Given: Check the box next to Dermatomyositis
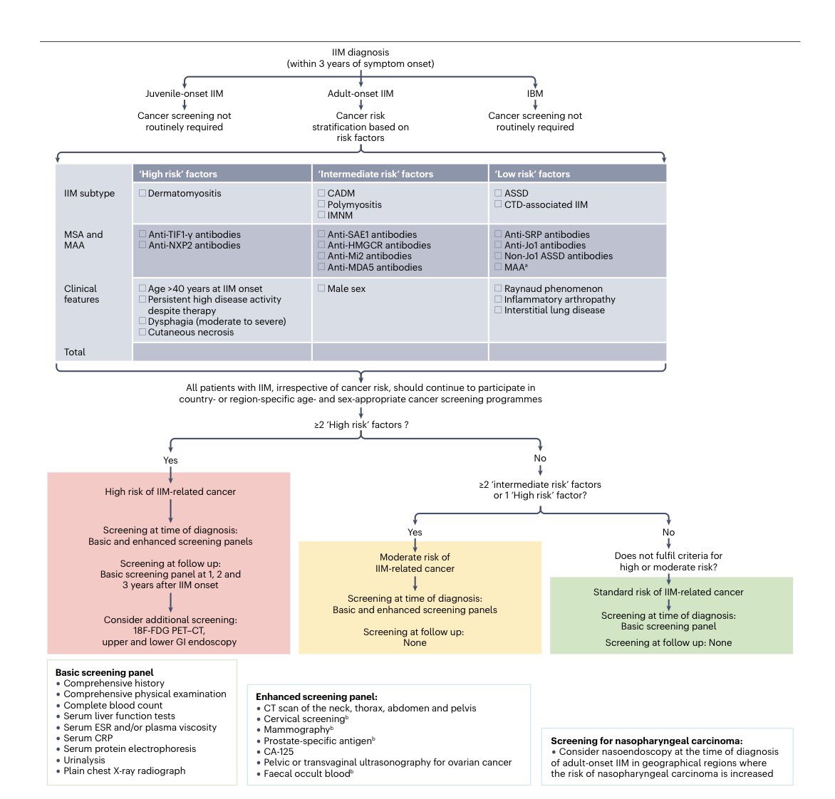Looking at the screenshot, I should click(142, 193).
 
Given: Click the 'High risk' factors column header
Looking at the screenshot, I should click(178, 174).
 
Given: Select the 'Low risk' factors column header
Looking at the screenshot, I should click(532, 174).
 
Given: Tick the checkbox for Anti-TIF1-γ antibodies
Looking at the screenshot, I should click(142, 234).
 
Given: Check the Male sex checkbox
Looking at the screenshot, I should click(321, 288).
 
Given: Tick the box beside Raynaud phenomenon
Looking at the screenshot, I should click(498, 288).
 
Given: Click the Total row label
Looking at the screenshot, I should click(75, 352).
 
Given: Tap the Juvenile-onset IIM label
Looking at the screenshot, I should click(184, 93).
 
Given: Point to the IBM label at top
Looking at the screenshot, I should click(534, 93).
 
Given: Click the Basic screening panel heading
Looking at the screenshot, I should click(104, 672).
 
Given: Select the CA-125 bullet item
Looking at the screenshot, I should click(279, 751).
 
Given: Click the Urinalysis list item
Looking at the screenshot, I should click(84, 760).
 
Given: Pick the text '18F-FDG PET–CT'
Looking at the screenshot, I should click(169, 630).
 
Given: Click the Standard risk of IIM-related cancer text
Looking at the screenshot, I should click(668, 592).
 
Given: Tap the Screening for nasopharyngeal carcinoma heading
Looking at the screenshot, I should click(646, 741).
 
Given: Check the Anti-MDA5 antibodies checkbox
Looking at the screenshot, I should click(321, 267).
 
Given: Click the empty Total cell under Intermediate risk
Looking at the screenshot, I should click(400, 352).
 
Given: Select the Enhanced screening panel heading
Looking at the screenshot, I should click(316, 696).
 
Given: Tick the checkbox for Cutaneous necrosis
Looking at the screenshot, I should click(142, 332).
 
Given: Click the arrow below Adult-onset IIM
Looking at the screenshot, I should click(361, 104).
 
